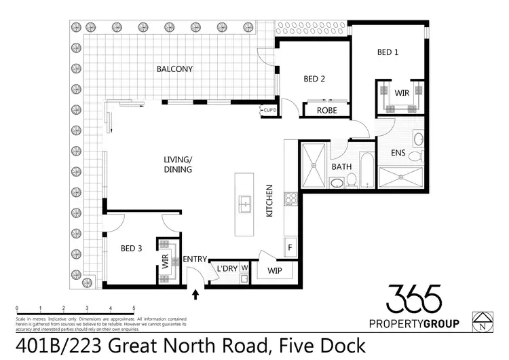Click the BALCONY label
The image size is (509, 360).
coord(174,69)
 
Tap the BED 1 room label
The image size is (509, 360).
coord(388,52)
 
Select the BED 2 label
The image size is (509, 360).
coord(314,79)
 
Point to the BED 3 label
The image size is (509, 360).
coord(131,249)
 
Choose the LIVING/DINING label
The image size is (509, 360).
coord(178,164)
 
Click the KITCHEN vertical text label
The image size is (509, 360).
coord(269,201)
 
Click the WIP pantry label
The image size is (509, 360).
coord(275,270)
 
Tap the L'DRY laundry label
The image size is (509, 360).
coord(227,269)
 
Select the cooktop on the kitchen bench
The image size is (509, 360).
coord(291,198)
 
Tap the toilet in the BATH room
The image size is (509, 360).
coord(352,180)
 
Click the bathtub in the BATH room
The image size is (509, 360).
coord(366,170)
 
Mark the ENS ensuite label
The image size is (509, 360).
coord(398,154)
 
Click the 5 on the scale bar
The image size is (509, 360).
coord(134,308)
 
